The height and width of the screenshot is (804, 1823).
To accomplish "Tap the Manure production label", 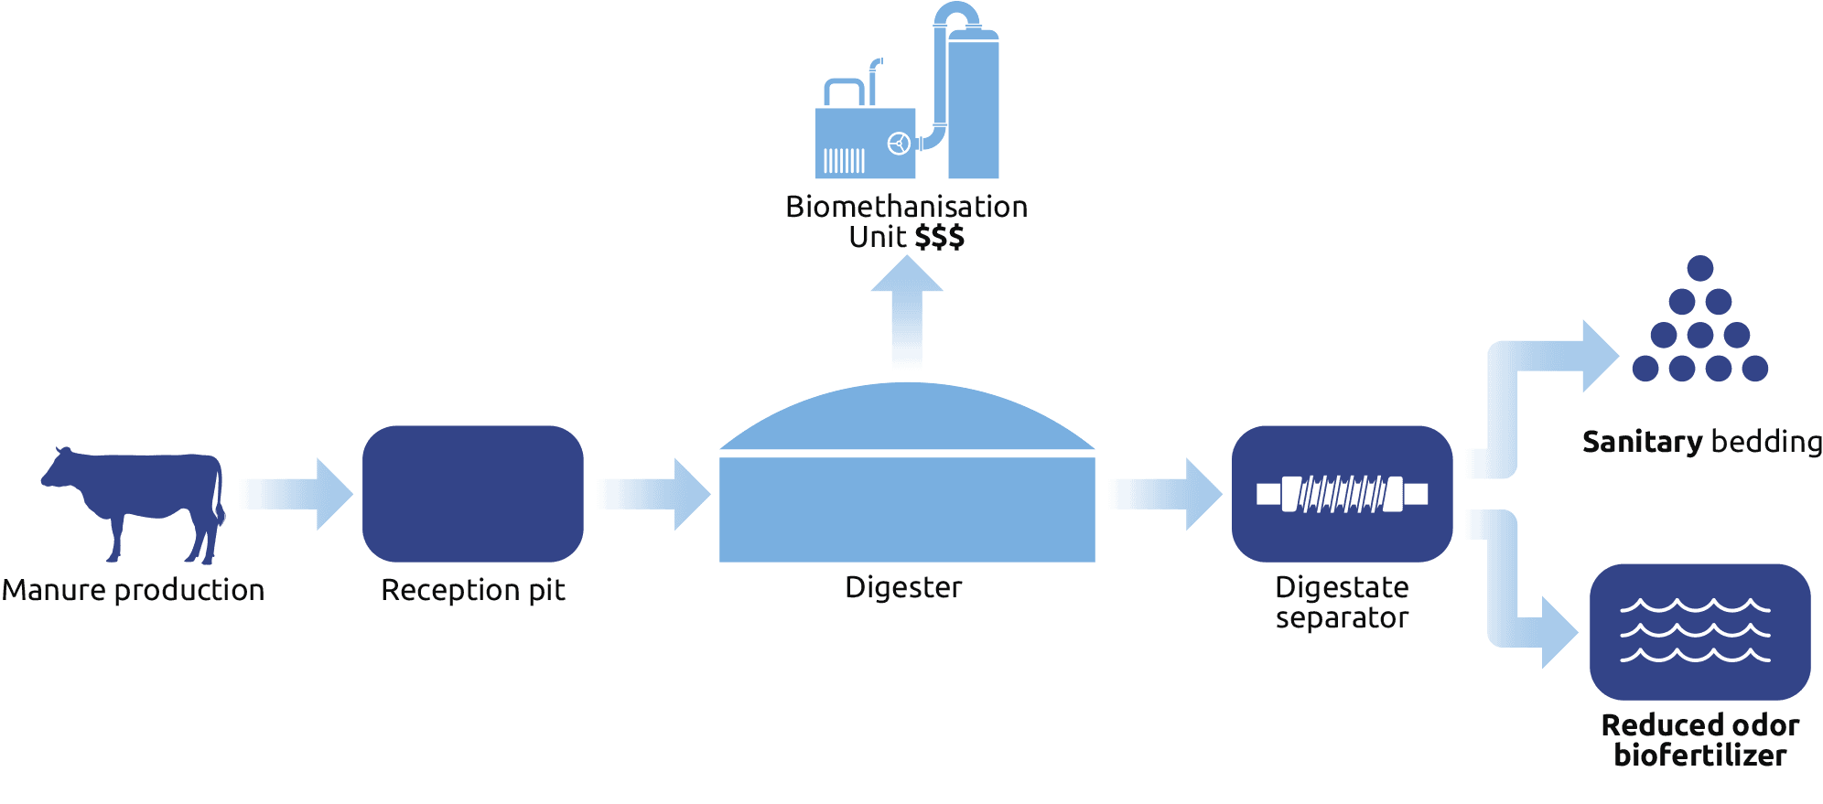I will pos(134,590).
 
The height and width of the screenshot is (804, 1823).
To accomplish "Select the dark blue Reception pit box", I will pos(473,494).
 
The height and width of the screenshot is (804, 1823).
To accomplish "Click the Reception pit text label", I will pos(473,590).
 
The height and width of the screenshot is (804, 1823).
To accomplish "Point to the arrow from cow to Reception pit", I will pos(296,494).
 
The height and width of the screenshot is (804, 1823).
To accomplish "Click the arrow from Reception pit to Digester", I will pos(653,494).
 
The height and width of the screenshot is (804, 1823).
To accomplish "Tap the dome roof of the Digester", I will pos(906,419).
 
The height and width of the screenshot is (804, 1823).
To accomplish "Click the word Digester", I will pos(903,587).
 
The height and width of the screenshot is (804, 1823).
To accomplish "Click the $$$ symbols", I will pos(940,238).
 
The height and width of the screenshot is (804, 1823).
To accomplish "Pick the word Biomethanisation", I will pos(906,207).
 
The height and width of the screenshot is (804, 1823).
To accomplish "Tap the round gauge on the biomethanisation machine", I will pos(899,144).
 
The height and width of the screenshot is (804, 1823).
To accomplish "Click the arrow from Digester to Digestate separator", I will pos(1164,494).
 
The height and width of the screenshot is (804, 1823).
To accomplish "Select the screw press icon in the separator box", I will pos(1343,494).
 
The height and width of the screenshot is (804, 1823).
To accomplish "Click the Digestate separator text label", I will pos(1343,602).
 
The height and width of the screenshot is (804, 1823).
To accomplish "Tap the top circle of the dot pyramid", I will pos(1700,268).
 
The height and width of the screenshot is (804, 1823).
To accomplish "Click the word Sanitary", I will pos(1642,443).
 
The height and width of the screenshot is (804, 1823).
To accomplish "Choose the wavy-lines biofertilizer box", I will pos(1700,631).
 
